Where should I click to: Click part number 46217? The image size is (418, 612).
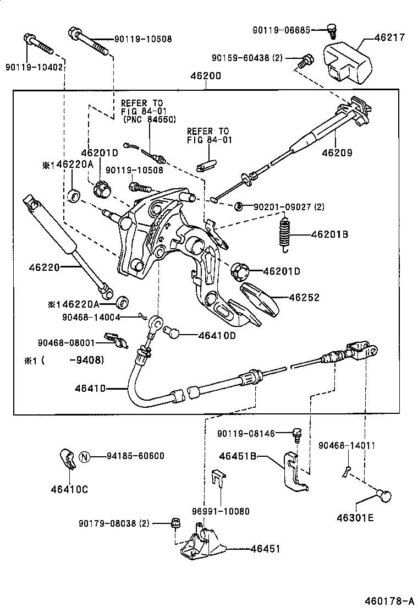[x=389, y=37]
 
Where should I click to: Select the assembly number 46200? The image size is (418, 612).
[x=206, y=76]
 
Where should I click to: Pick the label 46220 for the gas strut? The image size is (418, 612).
[x=45, y=267]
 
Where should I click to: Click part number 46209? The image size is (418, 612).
[x=337, y=152]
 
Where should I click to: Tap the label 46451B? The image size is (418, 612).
[x=238, y=456]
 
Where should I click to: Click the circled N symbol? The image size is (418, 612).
[x=84, y=456]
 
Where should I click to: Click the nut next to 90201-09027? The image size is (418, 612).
[x=238, y=206]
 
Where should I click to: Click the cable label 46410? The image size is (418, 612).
[x=90, y=389]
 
